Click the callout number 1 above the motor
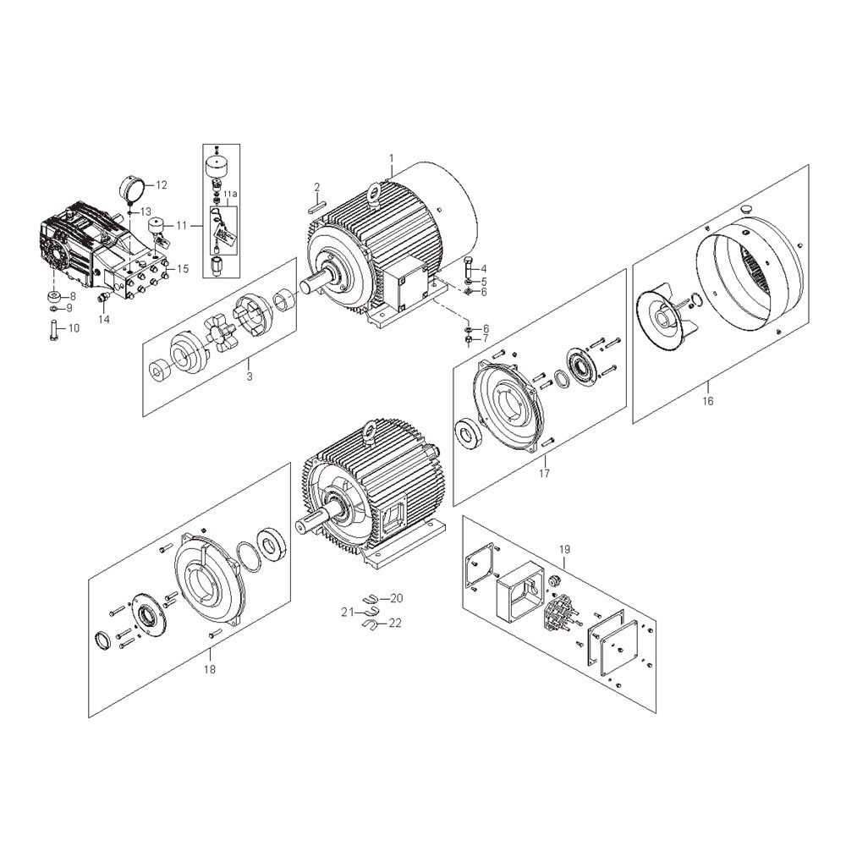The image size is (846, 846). click(x=392, y=158)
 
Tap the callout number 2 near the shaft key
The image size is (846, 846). click(x=317, y=187)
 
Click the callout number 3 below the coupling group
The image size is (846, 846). click(x=250, y=376)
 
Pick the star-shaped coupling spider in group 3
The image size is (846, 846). click(x=218, y=336)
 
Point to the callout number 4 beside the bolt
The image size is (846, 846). click(x=483, y=268)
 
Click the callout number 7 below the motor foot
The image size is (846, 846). click(x=486, y=339)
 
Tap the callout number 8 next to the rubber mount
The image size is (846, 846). click(x=72, y=296)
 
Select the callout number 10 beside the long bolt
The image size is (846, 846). click(x=73, y=328)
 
